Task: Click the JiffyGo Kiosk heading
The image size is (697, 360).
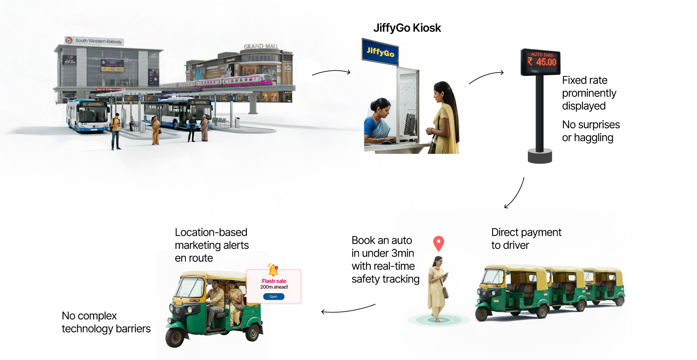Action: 407,28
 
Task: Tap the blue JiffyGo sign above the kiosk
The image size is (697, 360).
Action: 380,52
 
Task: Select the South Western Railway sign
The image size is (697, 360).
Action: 95,41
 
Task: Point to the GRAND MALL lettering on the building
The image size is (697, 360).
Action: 261,46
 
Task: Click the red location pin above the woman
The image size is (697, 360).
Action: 439,243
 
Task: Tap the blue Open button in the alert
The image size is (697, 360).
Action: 273,297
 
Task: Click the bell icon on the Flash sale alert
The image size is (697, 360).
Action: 273,270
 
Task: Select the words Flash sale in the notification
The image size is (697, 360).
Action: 274,281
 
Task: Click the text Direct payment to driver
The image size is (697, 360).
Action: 526,239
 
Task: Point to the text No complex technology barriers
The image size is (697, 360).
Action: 106,322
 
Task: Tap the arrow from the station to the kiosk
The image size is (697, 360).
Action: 331,72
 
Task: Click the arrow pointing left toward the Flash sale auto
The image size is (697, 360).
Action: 348,310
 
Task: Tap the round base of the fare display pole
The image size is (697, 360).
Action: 540,156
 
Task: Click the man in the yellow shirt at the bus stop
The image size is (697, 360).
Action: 116,131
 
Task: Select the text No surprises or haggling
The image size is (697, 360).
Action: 591,131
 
